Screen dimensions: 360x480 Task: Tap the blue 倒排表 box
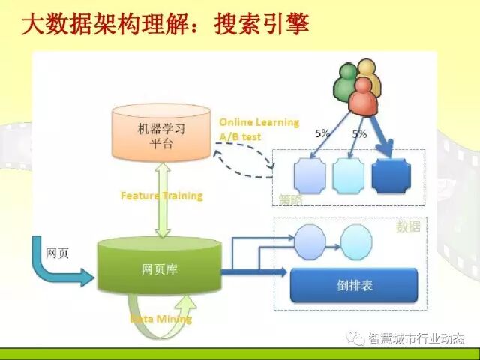point(352,285)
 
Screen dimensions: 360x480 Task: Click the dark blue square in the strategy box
point(391,175)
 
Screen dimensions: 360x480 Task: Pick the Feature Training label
point(161,196)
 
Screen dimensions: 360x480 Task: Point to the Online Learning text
point(259,122)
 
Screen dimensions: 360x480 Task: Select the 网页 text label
point(57,253)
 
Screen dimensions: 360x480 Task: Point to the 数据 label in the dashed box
point(408,226)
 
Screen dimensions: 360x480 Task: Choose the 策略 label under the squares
point(289,200)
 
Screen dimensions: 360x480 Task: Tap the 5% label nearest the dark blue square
point(359,134)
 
